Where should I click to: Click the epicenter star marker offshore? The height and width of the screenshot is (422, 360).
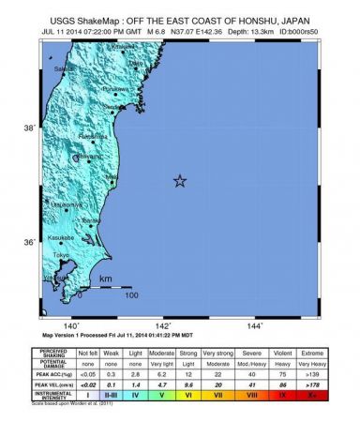point(179,181)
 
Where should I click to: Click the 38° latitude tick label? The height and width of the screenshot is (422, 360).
point(30,128)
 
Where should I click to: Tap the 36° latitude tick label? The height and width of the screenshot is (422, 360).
point(30,244)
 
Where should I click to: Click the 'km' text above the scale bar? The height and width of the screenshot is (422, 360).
point(106,279)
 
